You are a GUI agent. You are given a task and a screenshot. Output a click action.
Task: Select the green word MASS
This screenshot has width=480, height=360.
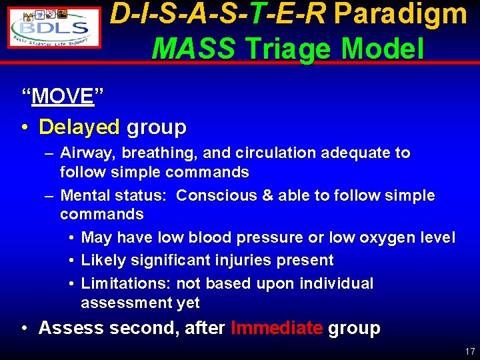(x=193, y=49)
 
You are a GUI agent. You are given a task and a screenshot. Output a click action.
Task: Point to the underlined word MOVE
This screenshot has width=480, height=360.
(x=63, y=97)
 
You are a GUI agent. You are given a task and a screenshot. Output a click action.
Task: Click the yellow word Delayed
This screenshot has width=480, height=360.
(x=79, y=127)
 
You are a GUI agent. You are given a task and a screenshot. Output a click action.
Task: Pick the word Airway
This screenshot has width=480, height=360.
(x=84, y=153)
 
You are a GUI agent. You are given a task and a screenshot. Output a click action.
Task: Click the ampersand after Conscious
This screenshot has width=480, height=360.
(x=267, y=196)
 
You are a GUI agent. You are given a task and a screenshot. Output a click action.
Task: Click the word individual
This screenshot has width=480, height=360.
(x=337, y=283)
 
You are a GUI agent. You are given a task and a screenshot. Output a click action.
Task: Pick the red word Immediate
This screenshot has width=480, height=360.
(x=277, y=328)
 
